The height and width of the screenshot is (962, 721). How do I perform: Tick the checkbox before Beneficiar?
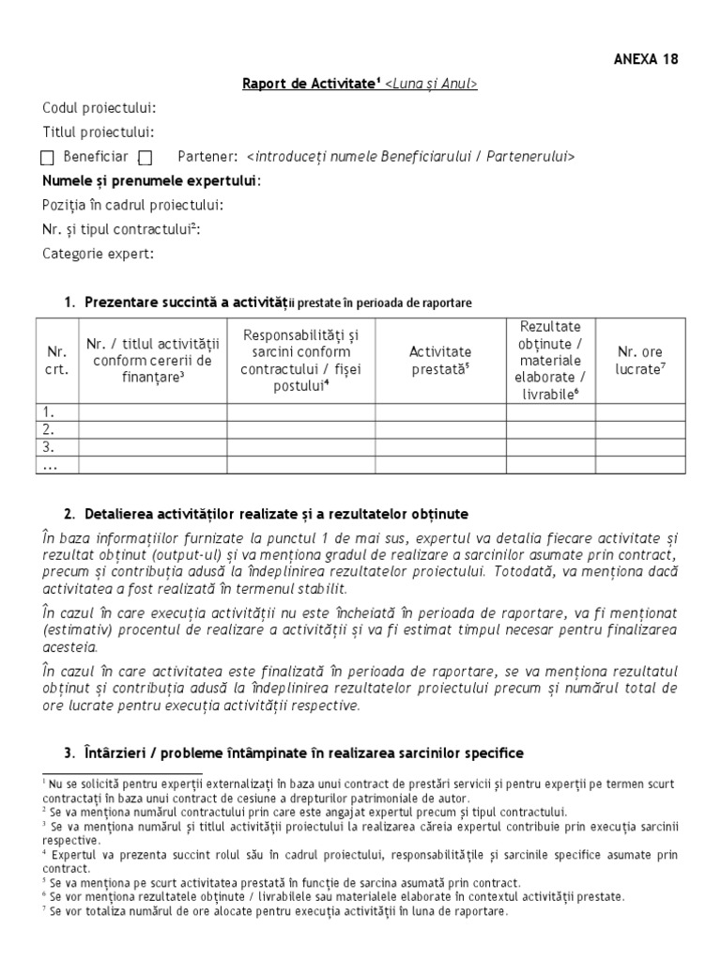click(48, 157)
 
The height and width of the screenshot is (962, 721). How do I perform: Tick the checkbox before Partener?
click(146, 157)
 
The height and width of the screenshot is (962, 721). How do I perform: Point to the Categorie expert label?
click(98, 254)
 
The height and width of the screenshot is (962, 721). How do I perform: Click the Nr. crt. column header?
click(56, 360)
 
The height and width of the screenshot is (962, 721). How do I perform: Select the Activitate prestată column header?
click(440, 360)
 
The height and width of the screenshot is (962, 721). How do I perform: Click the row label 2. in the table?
click(53, 428)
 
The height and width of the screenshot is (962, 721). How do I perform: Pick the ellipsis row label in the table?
click(53, 464)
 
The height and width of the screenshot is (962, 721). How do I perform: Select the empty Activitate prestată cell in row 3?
click(440, 446)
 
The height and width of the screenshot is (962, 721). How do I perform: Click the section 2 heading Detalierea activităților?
click(276, 515)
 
